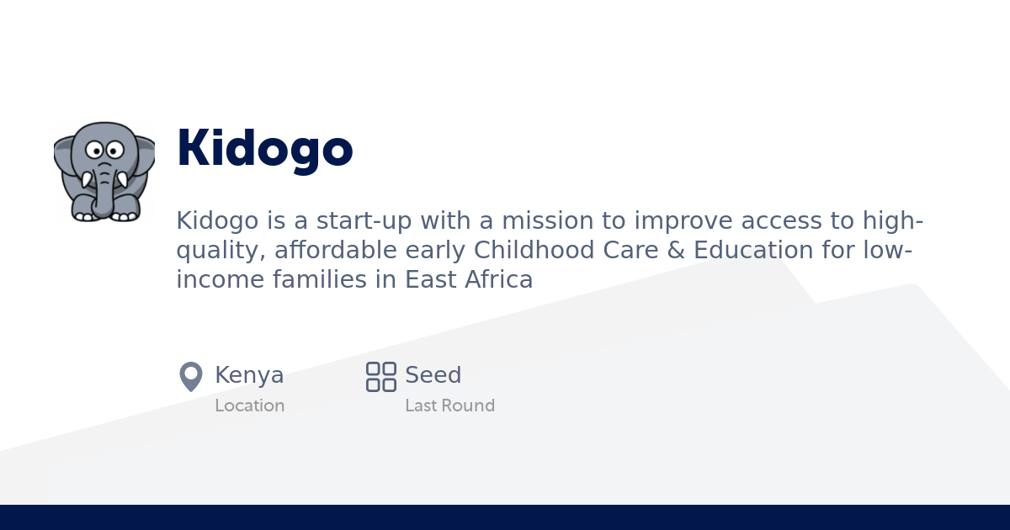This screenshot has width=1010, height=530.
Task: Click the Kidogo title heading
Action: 264,149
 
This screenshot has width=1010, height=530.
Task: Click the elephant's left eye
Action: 94,151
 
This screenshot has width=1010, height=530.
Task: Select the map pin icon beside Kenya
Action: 191,376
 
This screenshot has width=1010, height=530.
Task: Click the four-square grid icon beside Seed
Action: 380,376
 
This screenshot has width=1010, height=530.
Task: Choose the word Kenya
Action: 249,375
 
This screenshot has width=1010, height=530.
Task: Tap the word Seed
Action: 433,375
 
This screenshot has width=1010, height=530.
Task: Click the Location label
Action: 249,405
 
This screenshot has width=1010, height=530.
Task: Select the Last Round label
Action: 449,405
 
